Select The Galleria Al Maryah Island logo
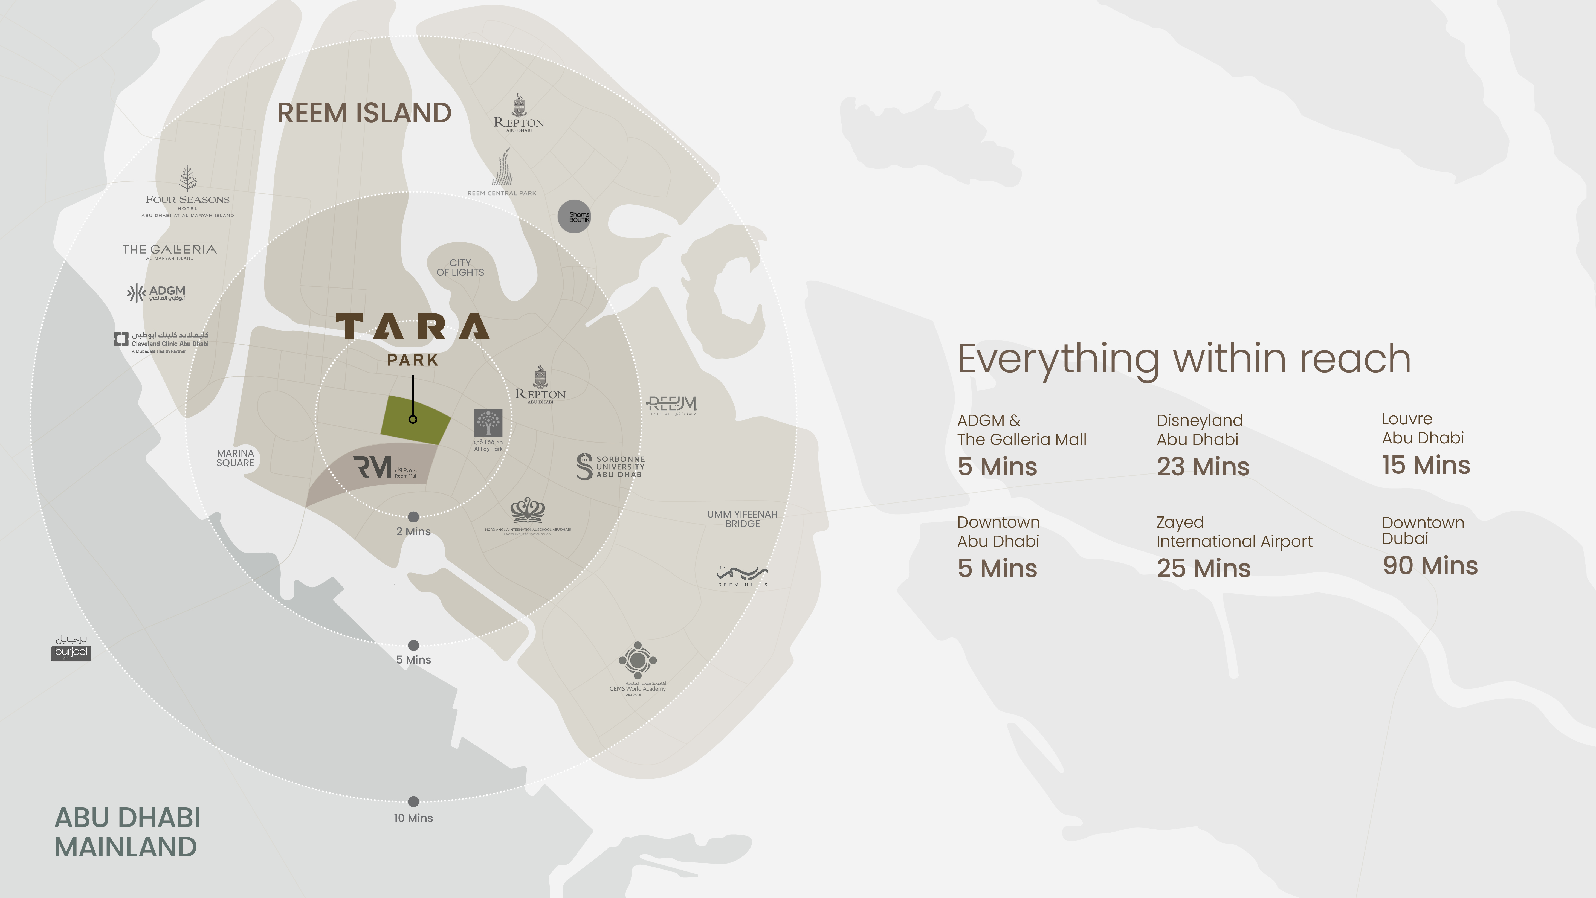pos(169,251)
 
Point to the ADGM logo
pos(156,292)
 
